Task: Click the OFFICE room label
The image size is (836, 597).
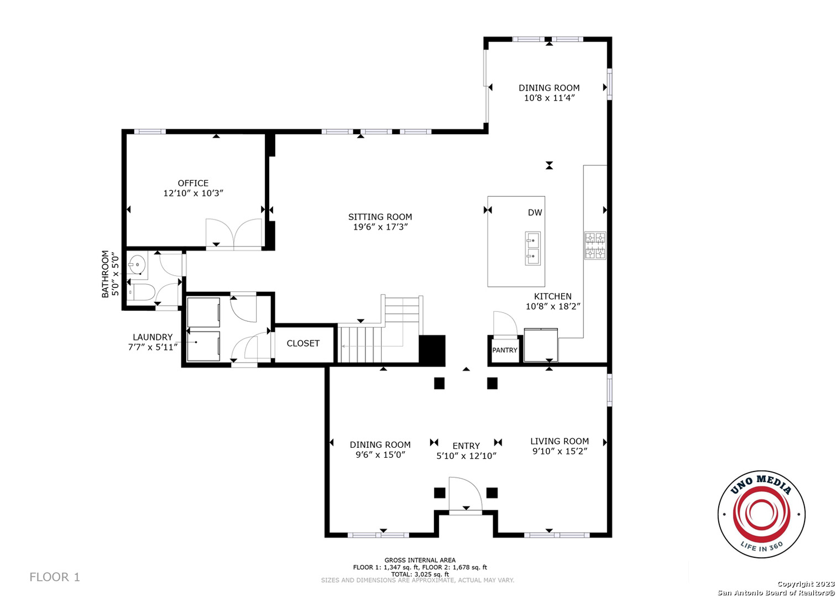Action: pyautogui.click(x=193, y=183)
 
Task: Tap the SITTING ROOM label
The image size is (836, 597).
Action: pyautogui.click(x=380, y=217)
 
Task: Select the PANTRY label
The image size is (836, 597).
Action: pyautogui.click(x=505, y=350)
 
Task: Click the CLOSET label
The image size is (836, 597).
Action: pyautogui.click(x=303, y=343)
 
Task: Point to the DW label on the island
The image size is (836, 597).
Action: pyautogui.click(x=535, y=213)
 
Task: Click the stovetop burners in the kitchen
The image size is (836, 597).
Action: pyautogui.click(x=595, y=245)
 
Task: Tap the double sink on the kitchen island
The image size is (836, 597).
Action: pyautogui.click(x=532, y=248)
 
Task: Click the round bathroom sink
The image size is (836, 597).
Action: pyautogui.click(x=137, y=265)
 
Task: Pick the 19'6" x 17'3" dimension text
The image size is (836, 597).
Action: pyautogui.click(x=380, y=227)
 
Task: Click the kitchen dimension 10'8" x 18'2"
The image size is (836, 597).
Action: pyautogui.click(x=553, y=306)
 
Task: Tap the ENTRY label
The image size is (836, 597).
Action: pyautogui.click(x=466, y=446)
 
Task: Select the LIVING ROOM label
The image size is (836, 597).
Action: pyautogui.click(x=560, y=441)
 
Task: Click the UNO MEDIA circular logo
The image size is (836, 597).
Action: pyautogui.click(x=761, y=514)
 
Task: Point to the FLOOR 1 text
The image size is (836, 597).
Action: pyautogui.click(x=55, y=577)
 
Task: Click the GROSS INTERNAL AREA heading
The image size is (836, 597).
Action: pyautogui.click(x=420, y=560)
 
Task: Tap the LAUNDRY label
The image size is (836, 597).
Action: pyautogui.click(x=153, y=337)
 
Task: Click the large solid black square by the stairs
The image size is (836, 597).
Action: pyautogui.click(x=432, y=350)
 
